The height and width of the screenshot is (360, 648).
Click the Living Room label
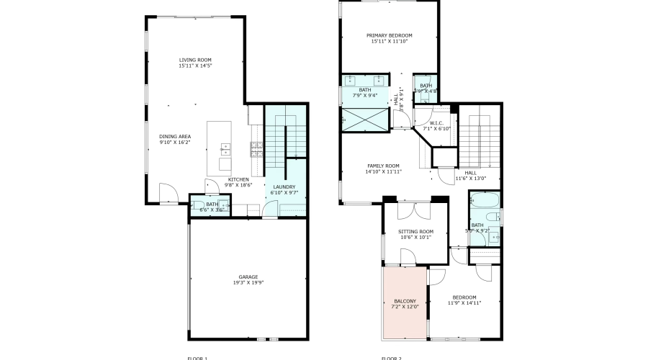tap(195, 60)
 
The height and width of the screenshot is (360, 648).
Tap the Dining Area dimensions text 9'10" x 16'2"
tap(175, 143)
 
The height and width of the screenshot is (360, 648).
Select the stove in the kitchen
tap(256, 149)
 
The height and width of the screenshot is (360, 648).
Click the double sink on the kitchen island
tap(225, 150)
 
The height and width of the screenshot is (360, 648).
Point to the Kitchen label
tap(238, 179)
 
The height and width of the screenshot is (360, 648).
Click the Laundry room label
tap(283, 187)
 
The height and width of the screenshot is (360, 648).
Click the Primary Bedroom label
tap(389, 35)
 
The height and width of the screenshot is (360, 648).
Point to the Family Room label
tap(382, 166)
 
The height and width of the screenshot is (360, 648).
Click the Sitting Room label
tap(415, 232)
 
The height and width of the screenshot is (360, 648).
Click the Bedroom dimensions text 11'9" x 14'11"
tap(464, 303)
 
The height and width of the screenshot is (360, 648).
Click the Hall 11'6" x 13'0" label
tap(470, 173)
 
